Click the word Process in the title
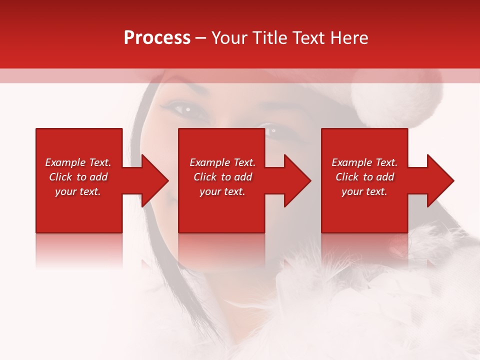[x=157, y=38]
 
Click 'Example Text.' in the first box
[x=78, y=162]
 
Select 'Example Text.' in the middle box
[x=222, y=162]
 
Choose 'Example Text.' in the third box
[x=364, y=162]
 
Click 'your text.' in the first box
[x=78, y=191]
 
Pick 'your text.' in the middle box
[x=222, y=191]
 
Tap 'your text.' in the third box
[x=364, y=191]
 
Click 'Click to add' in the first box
[x=78, y=177]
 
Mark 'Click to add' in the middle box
[x=222, y=177]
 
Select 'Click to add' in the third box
[x=364, y=177]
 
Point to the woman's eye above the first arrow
[x=182, y=108]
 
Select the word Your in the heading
[x=229, y=38]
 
